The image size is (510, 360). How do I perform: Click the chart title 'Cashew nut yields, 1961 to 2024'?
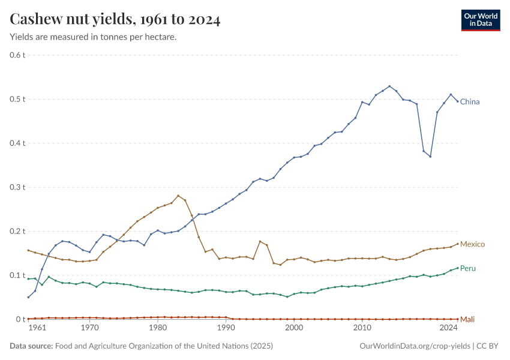115,20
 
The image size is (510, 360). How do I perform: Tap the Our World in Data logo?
480,19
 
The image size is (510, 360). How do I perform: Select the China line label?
470,102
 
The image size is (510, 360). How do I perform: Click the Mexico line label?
472,244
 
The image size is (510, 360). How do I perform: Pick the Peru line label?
468,268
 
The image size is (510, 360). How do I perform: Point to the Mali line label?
467,319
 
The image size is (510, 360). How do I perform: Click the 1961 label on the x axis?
37,328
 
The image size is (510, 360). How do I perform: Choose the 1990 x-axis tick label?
226,328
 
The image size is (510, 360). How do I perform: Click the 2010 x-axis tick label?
362,328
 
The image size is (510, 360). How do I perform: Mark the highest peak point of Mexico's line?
178,196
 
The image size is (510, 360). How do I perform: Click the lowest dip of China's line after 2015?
430,157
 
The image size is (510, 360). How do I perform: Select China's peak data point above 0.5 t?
389,86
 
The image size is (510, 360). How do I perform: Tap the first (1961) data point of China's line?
28,297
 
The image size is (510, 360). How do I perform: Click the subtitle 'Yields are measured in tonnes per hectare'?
93,37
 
